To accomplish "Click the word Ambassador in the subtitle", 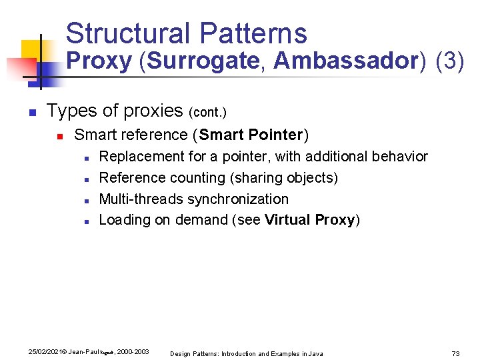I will (x=345, y=61).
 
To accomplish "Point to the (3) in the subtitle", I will (x=449, y=61).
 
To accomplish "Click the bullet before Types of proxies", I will (x=31, y=111).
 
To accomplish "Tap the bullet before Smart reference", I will (x=59, y=136).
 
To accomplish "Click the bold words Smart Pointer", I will (x=250, y=135).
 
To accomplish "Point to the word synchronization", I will (x=238, y=199).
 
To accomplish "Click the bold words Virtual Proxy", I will (x=309, y=221).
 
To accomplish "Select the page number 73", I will (x=456, y=353).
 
